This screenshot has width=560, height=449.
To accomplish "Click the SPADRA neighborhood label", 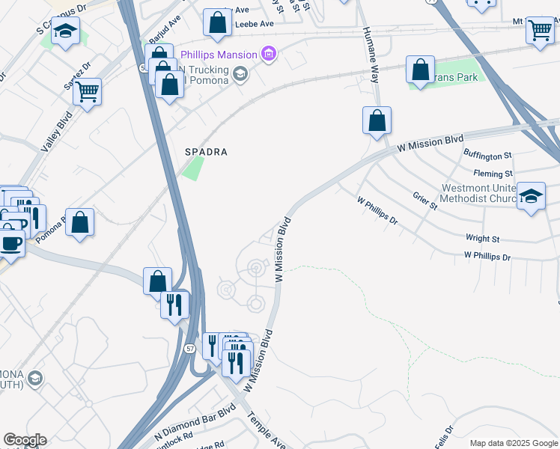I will (x=206, y=151).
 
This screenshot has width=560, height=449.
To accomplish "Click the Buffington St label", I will (x=487, y=156).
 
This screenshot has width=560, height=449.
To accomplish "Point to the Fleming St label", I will (x=493, y=174).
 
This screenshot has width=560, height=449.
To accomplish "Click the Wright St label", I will (x=482, y=239).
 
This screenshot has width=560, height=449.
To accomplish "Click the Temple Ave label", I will (x=266, y=430).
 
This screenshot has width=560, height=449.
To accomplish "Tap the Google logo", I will (x=25, y=440).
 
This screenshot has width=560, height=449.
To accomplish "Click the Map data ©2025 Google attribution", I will (x=514, y=443).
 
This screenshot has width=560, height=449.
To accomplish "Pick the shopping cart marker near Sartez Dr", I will (x=87, y=92).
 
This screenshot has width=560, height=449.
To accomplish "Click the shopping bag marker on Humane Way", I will (x=377, y=120).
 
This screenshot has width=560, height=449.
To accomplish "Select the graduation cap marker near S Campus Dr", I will (x=66, y=32).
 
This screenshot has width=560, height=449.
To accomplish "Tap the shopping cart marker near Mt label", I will (x=539, y=31).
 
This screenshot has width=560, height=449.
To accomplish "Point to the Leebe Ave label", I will (x=255, y=24).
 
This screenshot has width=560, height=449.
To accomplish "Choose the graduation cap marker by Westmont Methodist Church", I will (x=531, y=196).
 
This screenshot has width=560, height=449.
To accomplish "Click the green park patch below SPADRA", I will (x=192, y=168).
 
